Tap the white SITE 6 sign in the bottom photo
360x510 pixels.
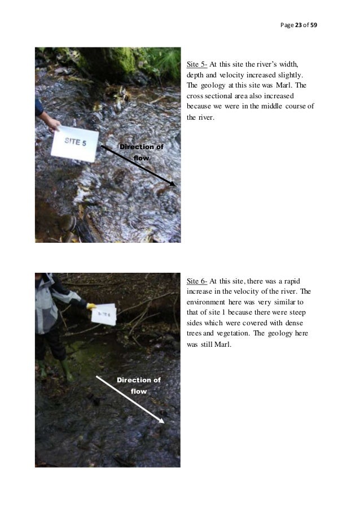(105, 315)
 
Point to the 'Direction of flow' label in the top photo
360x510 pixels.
(141, 152)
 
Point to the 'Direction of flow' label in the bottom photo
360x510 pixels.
(138, 385)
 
